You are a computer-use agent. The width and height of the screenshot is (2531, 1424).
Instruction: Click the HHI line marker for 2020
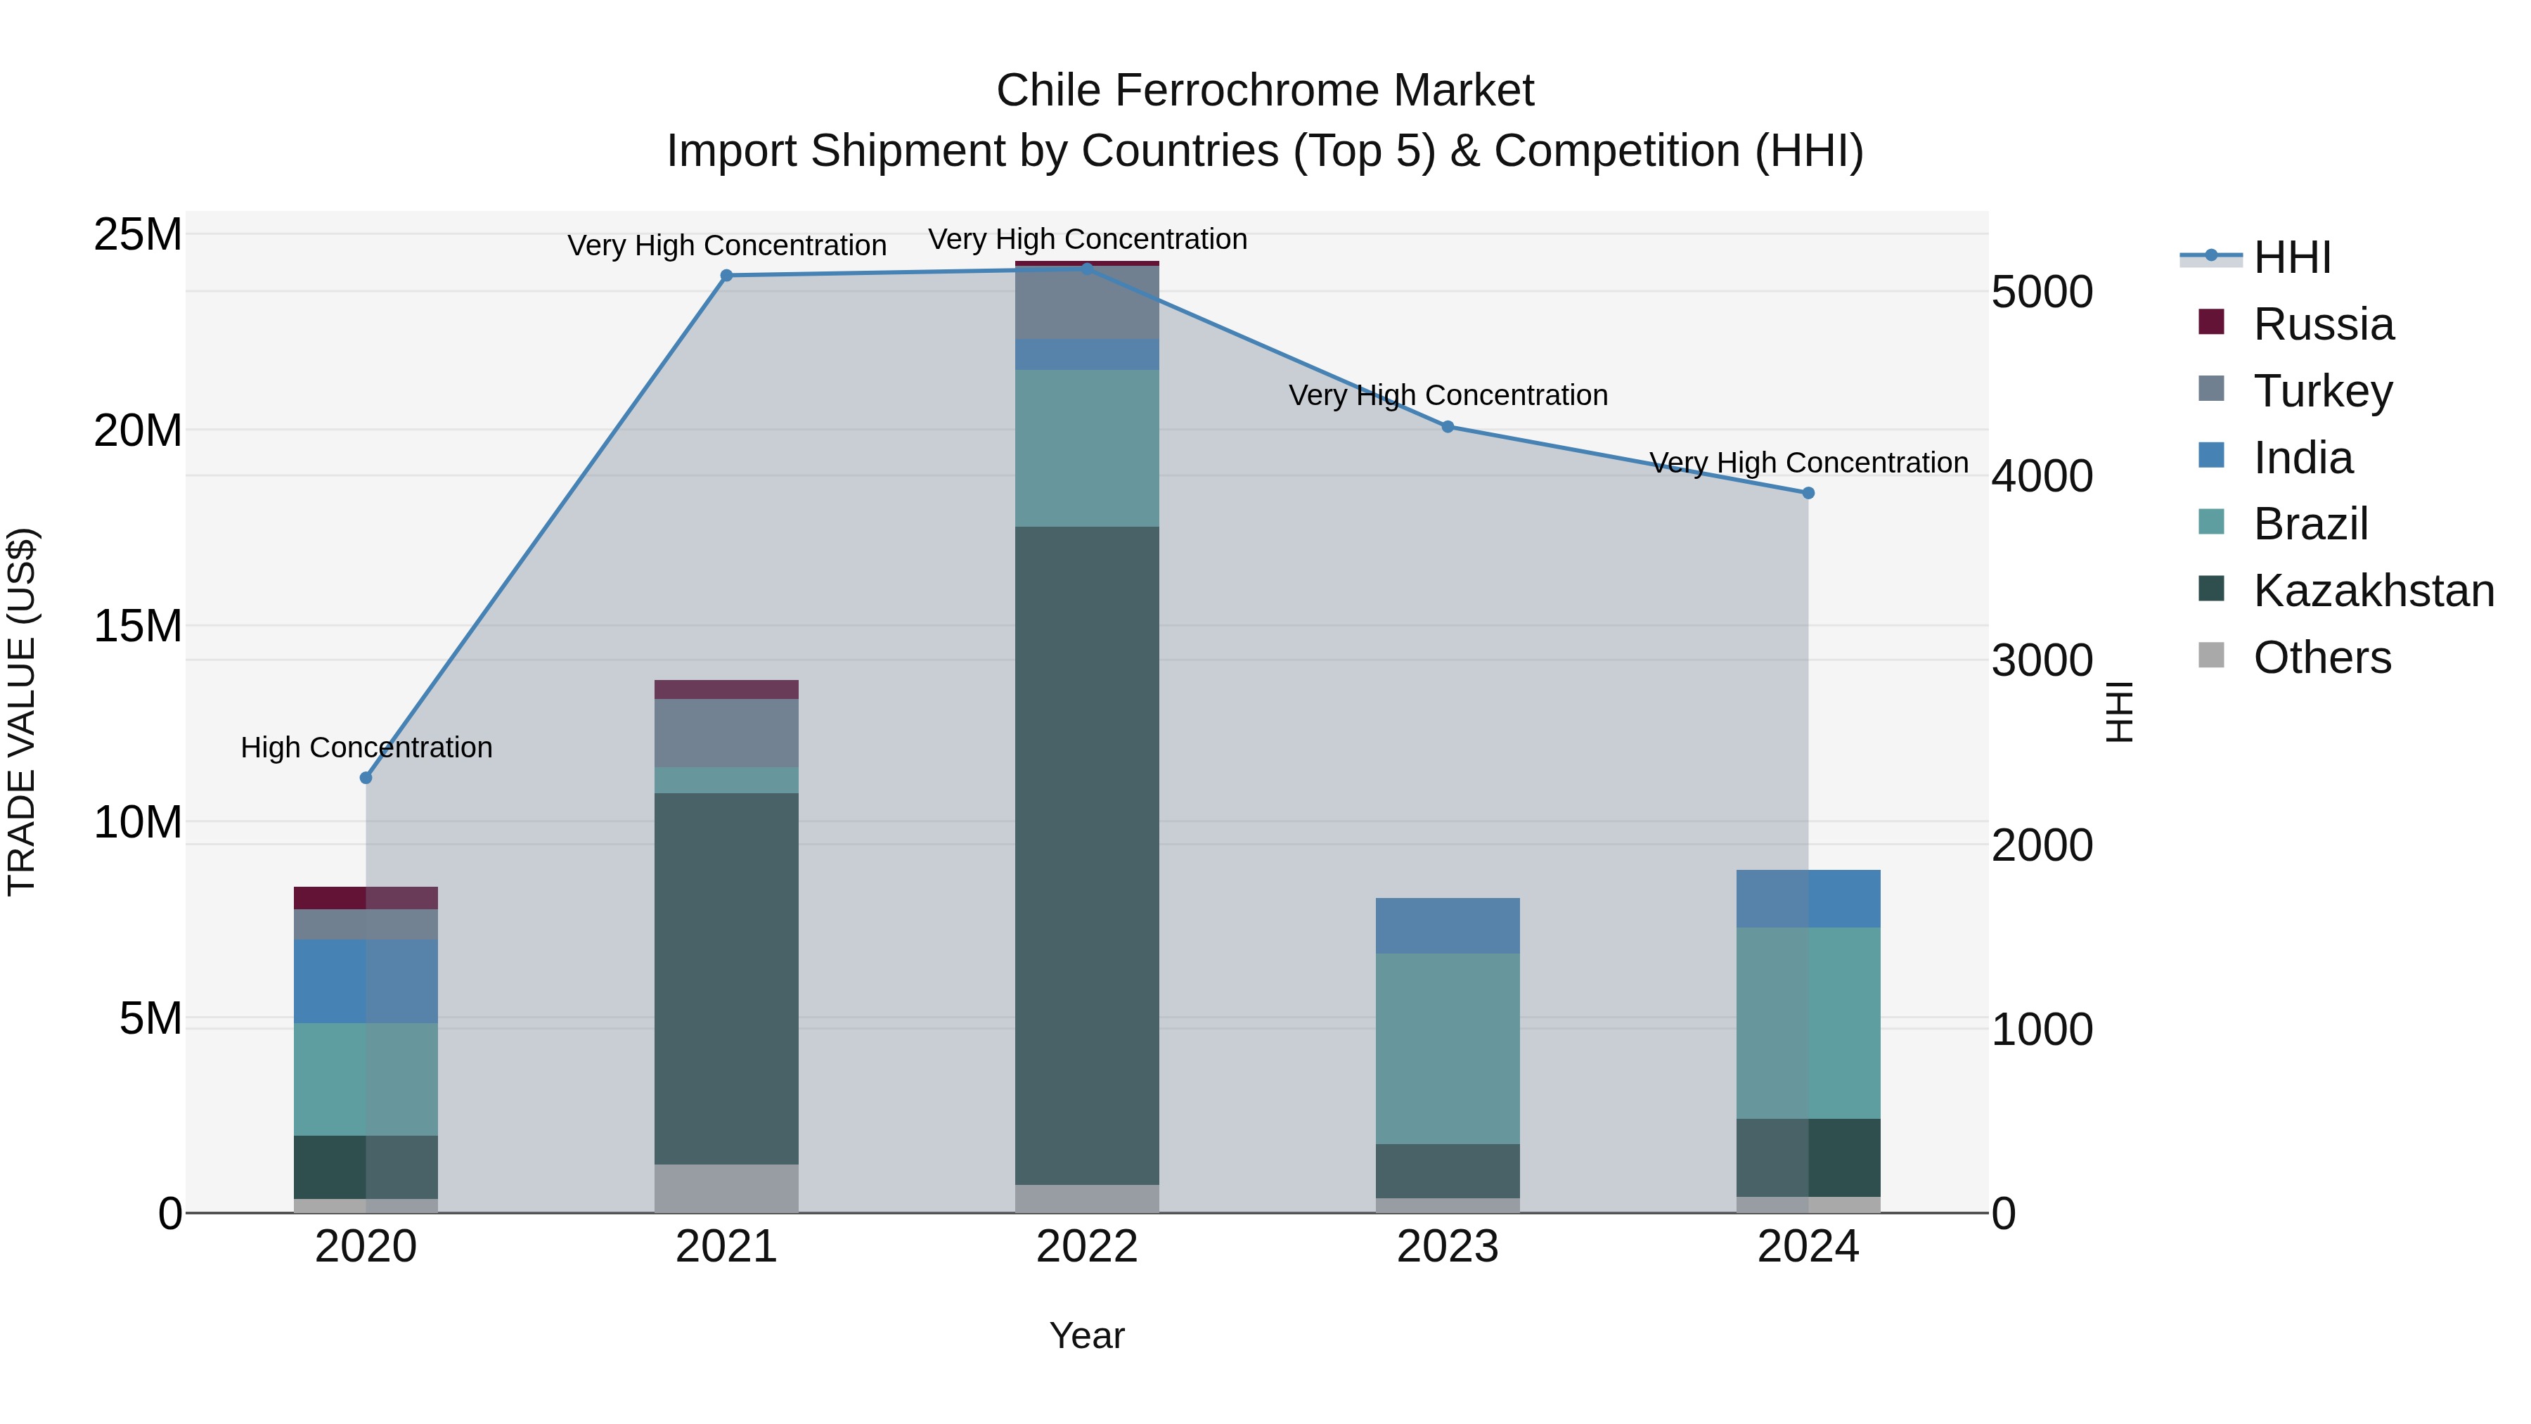point(366,777)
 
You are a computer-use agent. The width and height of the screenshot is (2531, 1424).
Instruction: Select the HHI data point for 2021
point(726,275)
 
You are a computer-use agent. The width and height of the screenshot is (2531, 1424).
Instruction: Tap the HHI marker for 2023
point(1448,427)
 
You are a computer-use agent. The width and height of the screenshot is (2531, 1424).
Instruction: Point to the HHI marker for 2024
point(1808,492)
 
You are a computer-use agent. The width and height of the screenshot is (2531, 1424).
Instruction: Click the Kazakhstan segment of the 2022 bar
point(1087,855)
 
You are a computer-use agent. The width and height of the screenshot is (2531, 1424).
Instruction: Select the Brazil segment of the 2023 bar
point(1448,1048)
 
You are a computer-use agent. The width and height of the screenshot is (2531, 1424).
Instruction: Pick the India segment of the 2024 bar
point(1808,898)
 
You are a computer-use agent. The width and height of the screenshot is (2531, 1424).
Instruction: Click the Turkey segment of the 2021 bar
point(726,732)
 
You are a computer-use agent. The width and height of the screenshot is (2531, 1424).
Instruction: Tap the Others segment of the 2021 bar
point(726,1188)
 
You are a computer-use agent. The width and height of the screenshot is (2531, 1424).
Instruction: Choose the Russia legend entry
point(2323,324)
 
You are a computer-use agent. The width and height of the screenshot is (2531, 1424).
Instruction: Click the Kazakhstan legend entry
point(2373,591)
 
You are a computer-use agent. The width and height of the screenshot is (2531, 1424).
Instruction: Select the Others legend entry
point(2321,658)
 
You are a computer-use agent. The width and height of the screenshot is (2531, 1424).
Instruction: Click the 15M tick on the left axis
point(138,626)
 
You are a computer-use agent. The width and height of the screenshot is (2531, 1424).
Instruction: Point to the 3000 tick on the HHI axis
point(2042,660)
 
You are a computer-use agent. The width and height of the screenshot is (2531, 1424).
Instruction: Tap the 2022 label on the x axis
point(1087,1247)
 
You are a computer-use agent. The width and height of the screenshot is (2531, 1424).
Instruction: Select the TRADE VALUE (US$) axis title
point(22,712)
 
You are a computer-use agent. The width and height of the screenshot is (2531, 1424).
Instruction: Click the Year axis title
point(1087,1335)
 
